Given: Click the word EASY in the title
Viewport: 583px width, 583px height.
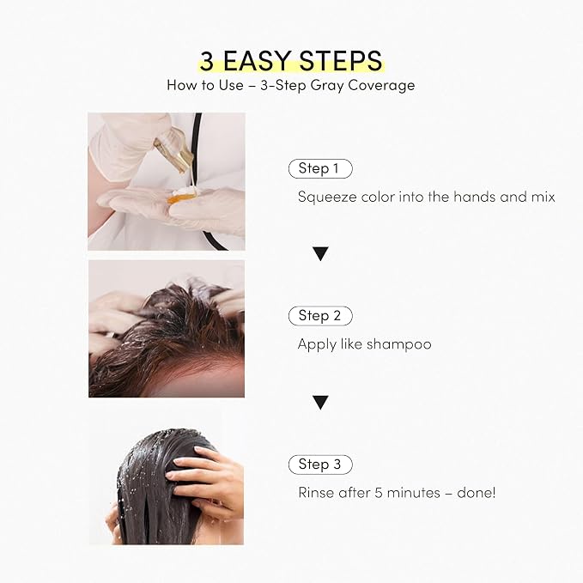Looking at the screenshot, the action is (x=257, y=61).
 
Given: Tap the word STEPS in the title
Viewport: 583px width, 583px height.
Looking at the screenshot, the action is (x=340, y=61).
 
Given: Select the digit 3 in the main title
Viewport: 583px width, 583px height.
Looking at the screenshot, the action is (x=207, y=61).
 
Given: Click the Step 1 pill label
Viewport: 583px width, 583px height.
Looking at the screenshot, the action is (x=320, y=168).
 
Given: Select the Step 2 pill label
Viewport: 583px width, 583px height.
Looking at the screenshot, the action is (x=320, y=316).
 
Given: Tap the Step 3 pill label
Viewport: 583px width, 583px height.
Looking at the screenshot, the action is (x=320, y=465).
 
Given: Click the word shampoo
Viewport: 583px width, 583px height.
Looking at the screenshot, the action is (x=399, y=344).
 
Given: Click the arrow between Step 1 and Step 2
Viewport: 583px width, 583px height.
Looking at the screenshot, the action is (x=320, y=253).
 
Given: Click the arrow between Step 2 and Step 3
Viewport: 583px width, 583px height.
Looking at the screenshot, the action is (x=320, y=403).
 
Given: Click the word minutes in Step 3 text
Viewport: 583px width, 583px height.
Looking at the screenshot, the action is (x=414, y=493).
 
